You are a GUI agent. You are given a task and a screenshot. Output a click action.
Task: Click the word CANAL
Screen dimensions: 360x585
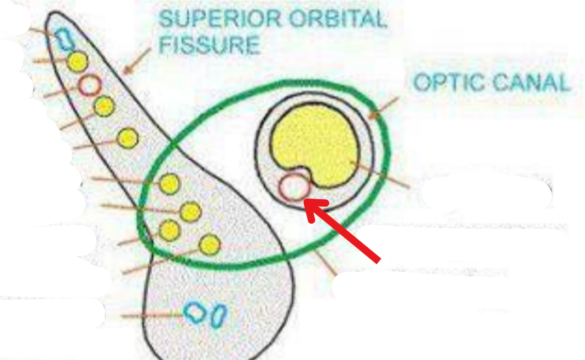pyautogui.click(x=531, y=83)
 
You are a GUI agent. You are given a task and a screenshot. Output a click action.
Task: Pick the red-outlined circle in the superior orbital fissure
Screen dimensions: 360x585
pyautogui.click(x=89, y=85)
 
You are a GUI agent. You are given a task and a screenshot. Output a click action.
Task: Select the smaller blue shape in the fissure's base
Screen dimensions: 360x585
pyautogui.click(x=219, y=315)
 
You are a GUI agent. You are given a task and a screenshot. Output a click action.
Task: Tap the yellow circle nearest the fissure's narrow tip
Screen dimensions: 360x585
pyautogui.click(x=78, y=61)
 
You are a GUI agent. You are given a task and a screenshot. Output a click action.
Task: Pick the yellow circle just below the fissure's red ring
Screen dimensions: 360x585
pyautogui.click(x=103, y=106)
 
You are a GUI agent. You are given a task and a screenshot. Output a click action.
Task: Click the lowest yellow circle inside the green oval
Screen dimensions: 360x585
pyautogui.click(x=210, y=245)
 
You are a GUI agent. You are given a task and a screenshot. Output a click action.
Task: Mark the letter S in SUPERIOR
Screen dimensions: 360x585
pyautogui.click(x=166, y=19)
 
